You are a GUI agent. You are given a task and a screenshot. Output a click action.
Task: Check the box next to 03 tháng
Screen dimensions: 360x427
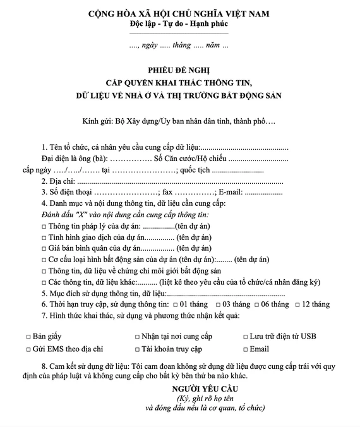pos(217,304)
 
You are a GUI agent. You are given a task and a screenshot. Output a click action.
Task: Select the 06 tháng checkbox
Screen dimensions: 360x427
pos(256,304)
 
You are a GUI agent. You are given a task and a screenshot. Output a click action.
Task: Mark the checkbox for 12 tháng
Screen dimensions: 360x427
pos(297,304)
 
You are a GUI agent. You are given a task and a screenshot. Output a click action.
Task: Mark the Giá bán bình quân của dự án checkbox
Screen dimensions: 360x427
pos(44,248)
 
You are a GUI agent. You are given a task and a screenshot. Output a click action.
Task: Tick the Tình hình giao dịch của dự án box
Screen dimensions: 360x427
pos(44,237)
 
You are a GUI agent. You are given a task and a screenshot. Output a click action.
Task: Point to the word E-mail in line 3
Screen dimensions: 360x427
pos(231,191)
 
